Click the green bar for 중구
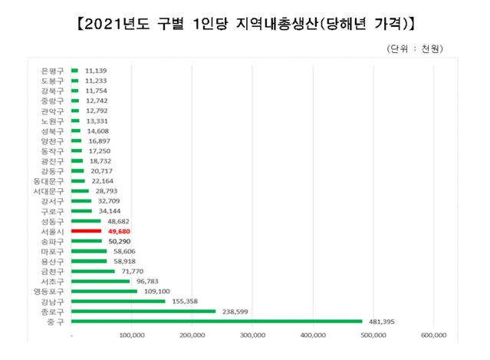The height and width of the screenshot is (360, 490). pyautogui.click(x=216, y=321)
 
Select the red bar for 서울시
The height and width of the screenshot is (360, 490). pyautogui.click(x=86, y=230)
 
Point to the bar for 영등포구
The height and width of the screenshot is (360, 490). pyautogui.click(x=104, y=291)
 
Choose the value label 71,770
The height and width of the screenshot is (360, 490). pyautogui.click(x=132, y=271)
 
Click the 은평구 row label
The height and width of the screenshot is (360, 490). pyautogui.click(x=53, y=70)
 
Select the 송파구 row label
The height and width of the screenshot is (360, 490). pyautogui.click(x=53, y=240)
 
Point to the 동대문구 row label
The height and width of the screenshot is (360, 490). pyautogui.click(x=50, y=180)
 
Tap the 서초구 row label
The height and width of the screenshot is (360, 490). pyautogui.click(x=53, y=281)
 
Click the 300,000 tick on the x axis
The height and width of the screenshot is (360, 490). pyautogui.click(x=252, y=335)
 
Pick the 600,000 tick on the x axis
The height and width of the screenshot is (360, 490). pyautogui.click(x=434, y=335)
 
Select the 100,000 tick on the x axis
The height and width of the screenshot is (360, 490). pyautogui.click(x=132, y=335)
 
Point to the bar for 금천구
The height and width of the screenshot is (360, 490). pyautogui.click(x=93, y=271)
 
